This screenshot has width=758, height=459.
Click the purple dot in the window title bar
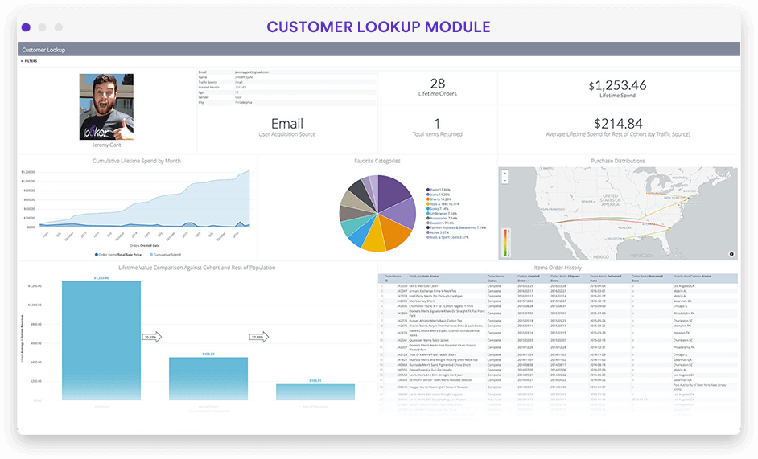pyautogui.click(x=26, y=27)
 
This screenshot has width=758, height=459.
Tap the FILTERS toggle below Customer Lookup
pyautogui.click(x=30, y=60)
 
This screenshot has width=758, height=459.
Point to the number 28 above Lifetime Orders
pyautogui.click(x=438, y=84)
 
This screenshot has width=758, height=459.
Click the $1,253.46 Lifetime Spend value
pyautogui.click(x=618, y=85)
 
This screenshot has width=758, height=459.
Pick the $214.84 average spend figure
pyautogui.click(x=618, y=123)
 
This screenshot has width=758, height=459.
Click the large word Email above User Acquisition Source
pyautogui.click(x=287, y=124)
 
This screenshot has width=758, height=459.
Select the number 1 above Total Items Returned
pyautogui.click(x=437, y=123)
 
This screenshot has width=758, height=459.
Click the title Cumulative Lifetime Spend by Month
pyautogui.click(x=137, y=161)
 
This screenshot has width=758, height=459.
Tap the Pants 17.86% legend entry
pyautogui.click(x=441, y=190)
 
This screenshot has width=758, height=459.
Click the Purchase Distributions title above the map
pyautogui.click(x=618, y=161)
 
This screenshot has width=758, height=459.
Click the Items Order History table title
pyautogui.click(x=557, y=268)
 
